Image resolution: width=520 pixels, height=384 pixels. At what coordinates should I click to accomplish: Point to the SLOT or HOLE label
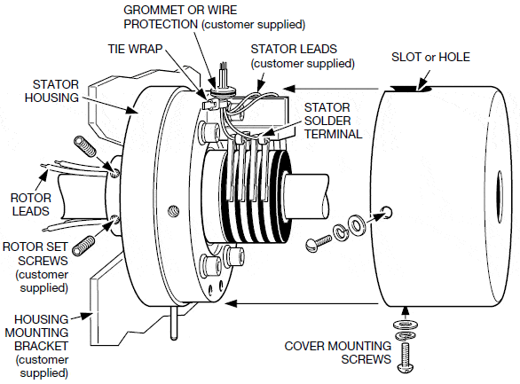pos(430,58)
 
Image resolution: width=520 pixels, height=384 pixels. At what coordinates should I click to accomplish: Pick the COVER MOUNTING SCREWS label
pos(337,351)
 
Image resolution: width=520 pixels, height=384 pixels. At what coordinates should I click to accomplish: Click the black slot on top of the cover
pos(409,88)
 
